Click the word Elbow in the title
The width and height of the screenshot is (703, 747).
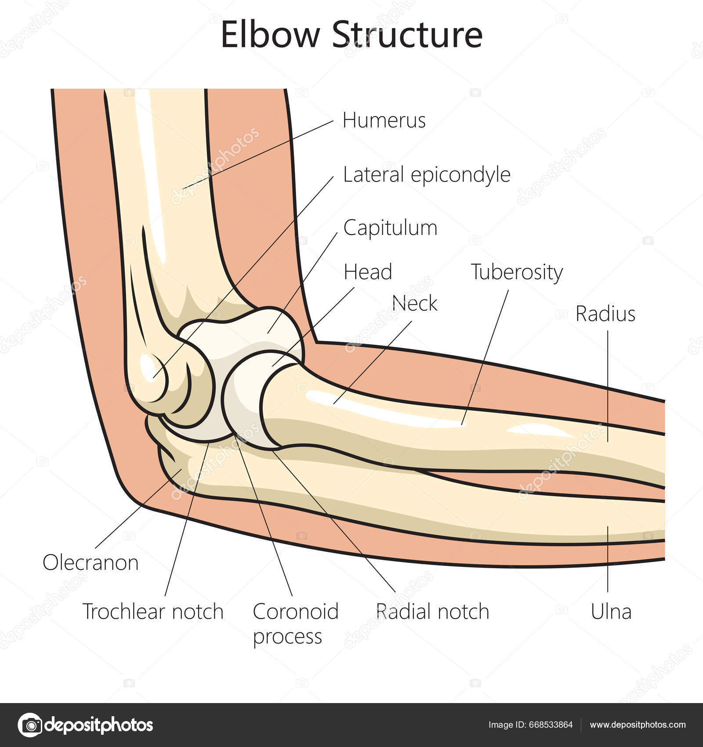(x=269, y=35)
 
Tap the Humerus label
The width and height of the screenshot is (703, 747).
(x=384, y=120)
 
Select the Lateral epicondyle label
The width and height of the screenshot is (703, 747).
(x=426, y=175)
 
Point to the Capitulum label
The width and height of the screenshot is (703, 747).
(x=390, y=228)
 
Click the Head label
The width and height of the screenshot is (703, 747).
(x=368, y=272)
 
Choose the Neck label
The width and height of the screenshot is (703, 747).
(x=415, y=303)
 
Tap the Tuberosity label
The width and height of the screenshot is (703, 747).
(x=517, y=272)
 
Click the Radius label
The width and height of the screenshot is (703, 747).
(x=605, y=314)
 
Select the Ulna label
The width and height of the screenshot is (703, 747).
(x=611, y=611)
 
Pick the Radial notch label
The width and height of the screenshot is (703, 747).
(x=432, y=611)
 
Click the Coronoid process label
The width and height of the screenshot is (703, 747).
(x=295, y=623)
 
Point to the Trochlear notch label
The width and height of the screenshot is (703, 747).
(x=153, y=611)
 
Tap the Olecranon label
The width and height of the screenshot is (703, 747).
(x=91, y=562)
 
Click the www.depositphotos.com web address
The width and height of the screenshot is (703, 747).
(x=638, y=725)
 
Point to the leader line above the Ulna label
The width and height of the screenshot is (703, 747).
(x=608, y=558)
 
